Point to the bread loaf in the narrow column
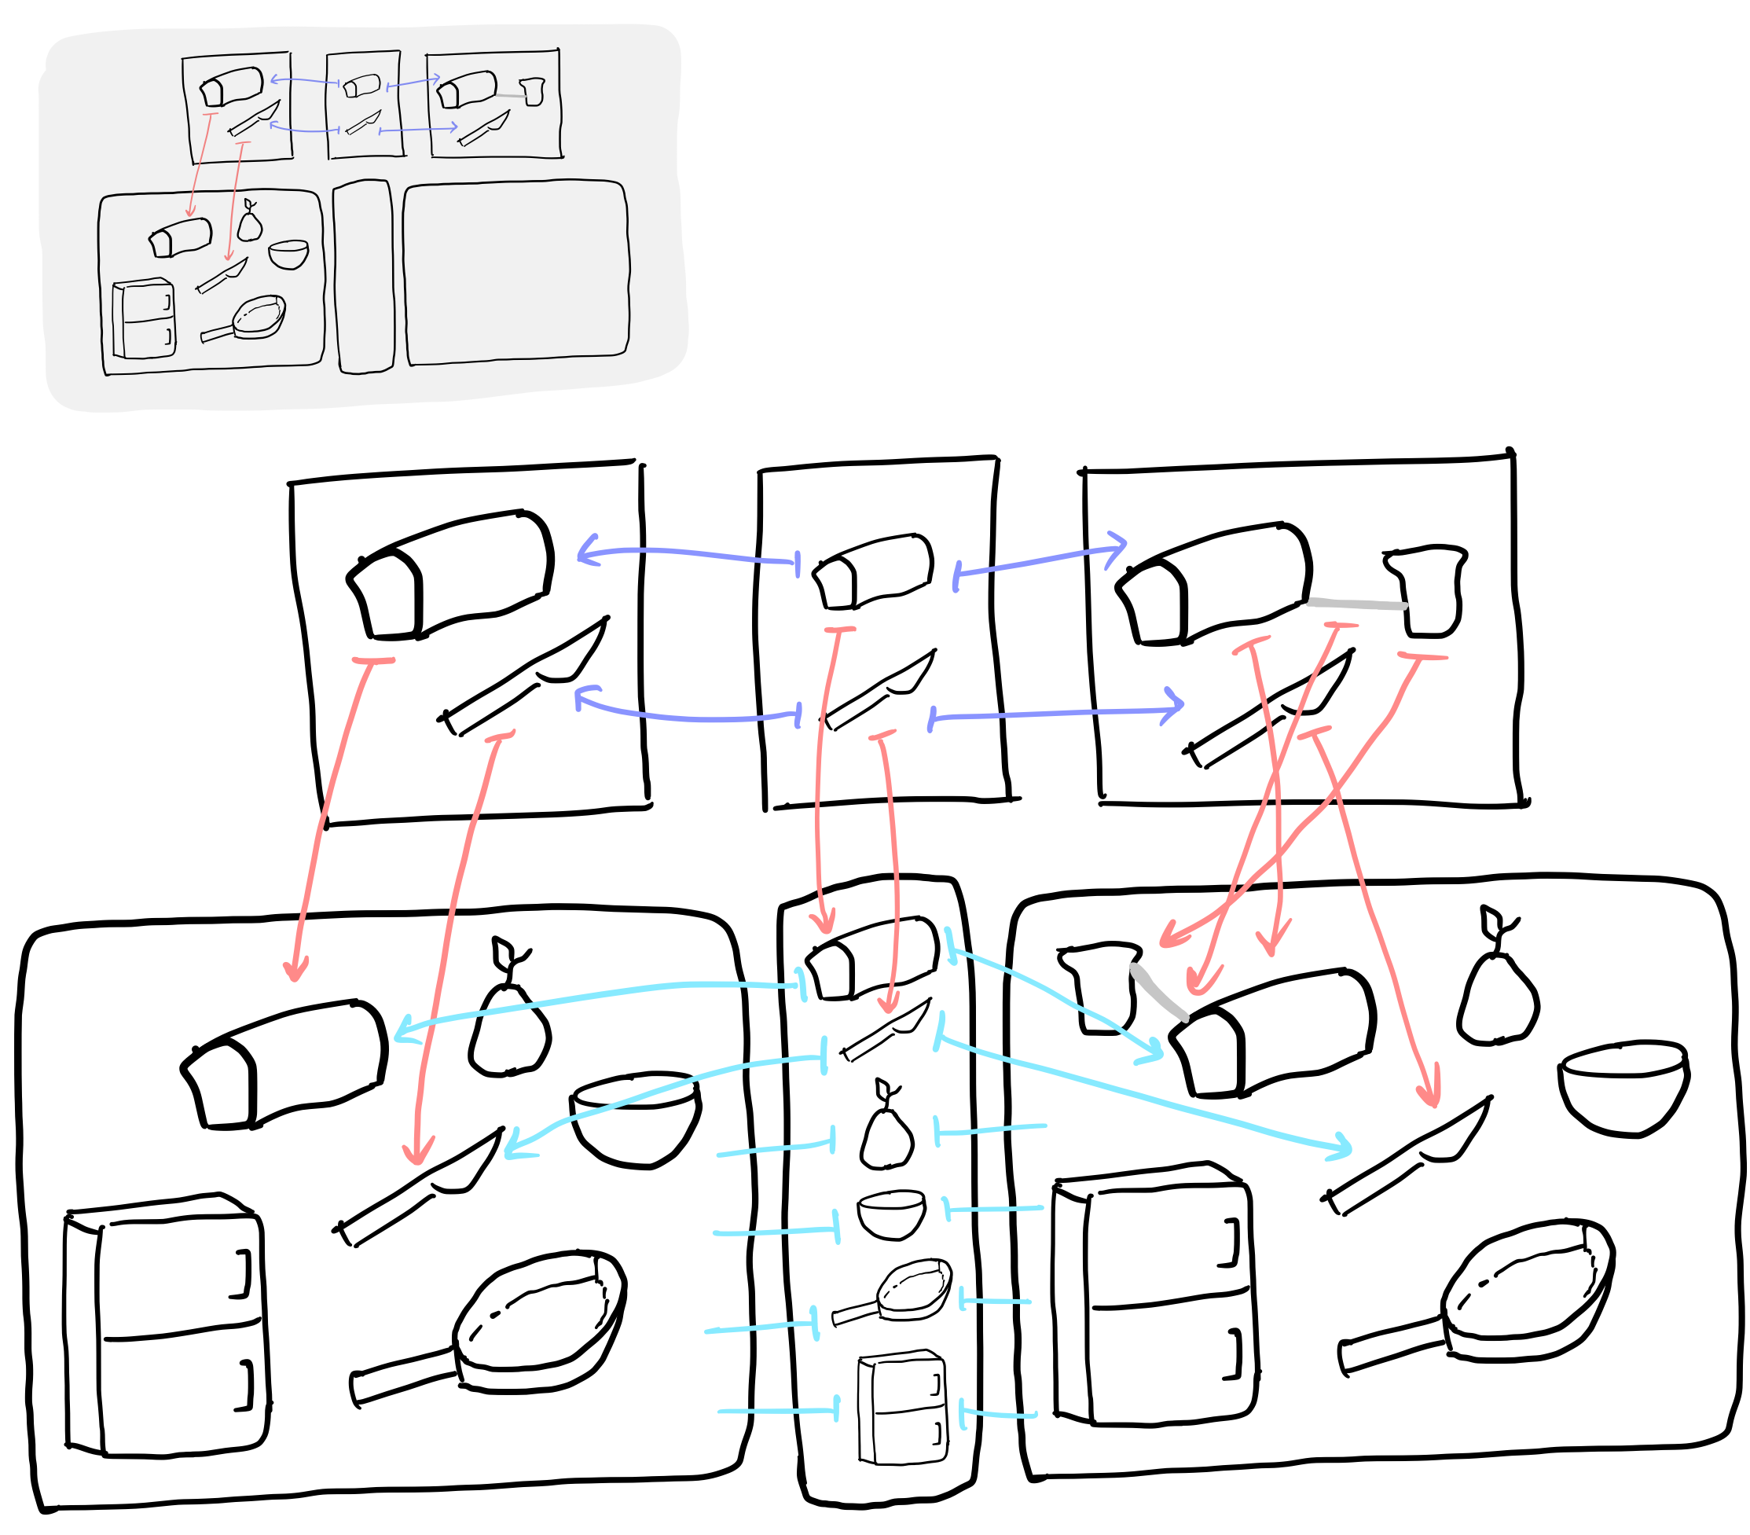coord(873,960)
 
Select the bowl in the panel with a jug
coord(1623,1087)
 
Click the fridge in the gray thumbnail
coord(144,318)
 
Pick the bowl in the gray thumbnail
coord(288,255)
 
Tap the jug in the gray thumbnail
coord(534,92)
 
